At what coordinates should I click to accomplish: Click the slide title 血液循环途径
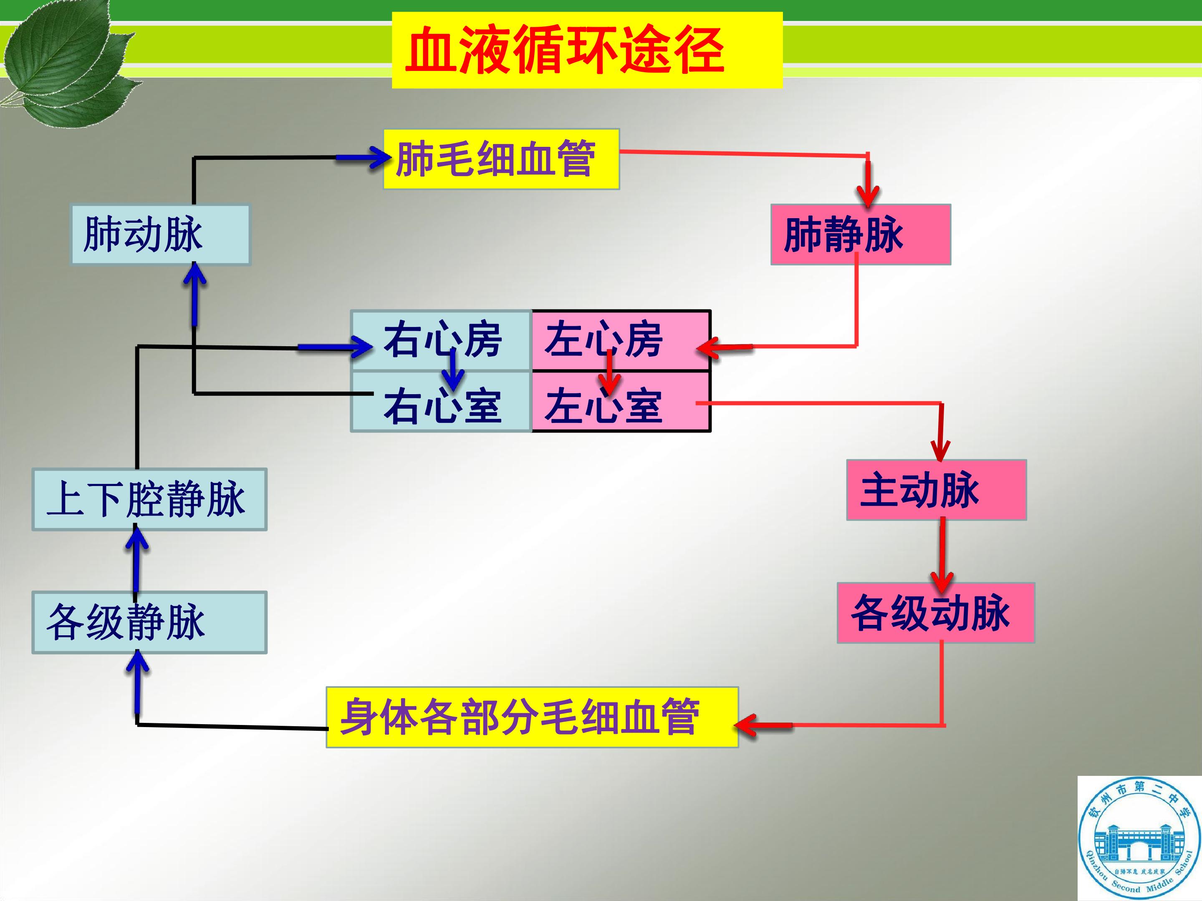(x=565, y=50)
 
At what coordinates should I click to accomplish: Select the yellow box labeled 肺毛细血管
(x=501, y=159)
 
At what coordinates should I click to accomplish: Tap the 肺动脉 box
(x=160, y=234)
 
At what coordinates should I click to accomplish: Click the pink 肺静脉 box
(x=861, y=234)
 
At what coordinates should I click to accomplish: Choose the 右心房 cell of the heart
(x=441, y=340)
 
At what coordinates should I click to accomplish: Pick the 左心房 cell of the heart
(x=621, y=340)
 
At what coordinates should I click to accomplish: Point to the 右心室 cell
(x=441, y=402)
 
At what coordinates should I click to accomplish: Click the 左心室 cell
(x=621, y=402)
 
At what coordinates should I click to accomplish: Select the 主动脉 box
(x=936, y=490)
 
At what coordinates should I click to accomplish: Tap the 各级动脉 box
(x=936, y=613)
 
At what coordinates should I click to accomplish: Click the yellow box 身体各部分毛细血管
(x=532, y=717)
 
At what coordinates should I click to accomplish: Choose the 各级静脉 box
(x=149, y=622)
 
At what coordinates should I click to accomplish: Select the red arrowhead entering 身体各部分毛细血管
(x=746, y=725)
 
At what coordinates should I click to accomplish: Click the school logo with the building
(x=1139, y=838)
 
